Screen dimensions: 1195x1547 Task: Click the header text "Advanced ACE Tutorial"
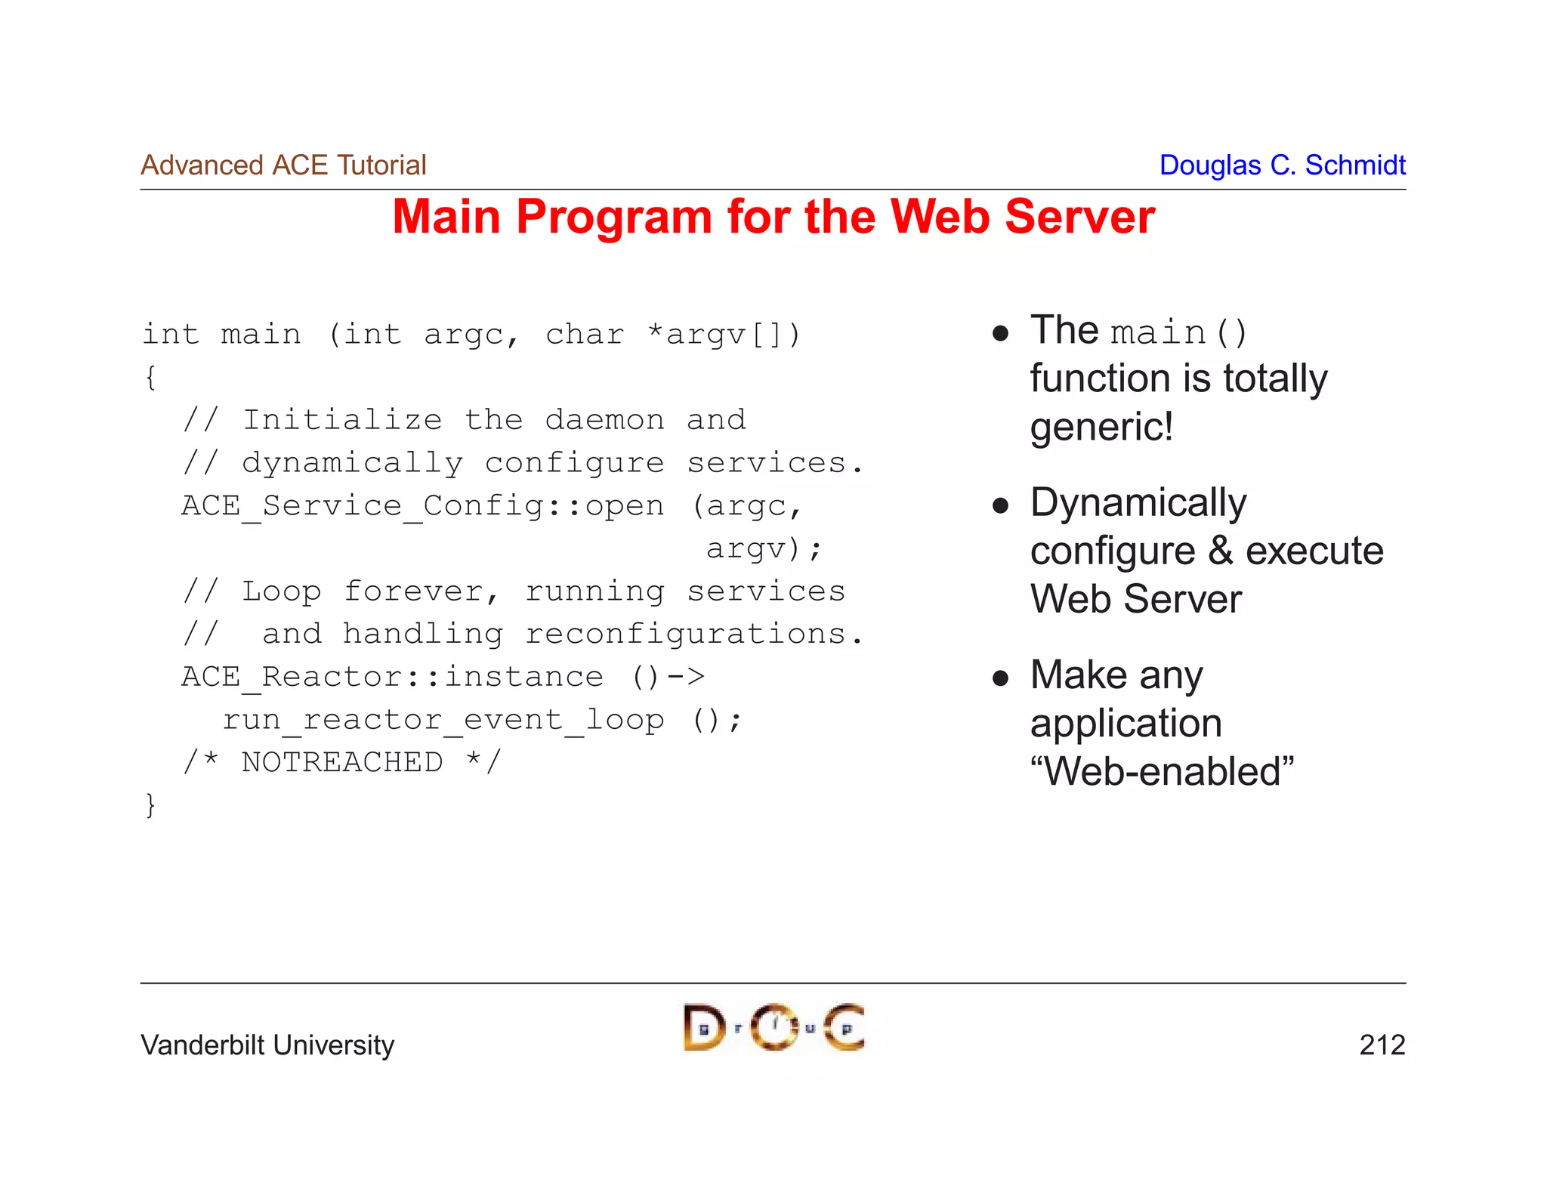click(283, 165)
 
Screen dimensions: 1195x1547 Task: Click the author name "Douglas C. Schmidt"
click(1282, 165)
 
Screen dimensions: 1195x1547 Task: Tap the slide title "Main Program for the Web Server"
click(773, 217)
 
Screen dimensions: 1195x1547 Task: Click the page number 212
click(1382, 1045)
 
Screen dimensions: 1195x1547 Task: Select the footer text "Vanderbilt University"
click(267, 1045)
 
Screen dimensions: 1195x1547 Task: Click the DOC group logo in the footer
click(773, 1027)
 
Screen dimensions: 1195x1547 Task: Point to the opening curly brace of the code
click(150, 377)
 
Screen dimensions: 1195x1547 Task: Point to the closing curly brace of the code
click(150, 805)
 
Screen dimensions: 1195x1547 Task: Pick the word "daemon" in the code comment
click(604, 420)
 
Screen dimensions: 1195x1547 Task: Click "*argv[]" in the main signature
click(724, 335)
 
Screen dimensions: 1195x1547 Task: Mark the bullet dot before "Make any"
click(1000, 678)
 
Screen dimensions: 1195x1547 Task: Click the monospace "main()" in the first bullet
click(1178, 333)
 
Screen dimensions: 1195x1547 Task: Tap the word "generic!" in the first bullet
click(1101, 427)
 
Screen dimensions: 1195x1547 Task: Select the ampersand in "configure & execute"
click(1220, 551)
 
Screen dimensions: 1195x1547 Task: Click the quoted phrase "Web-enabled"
click(1162, 772)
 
